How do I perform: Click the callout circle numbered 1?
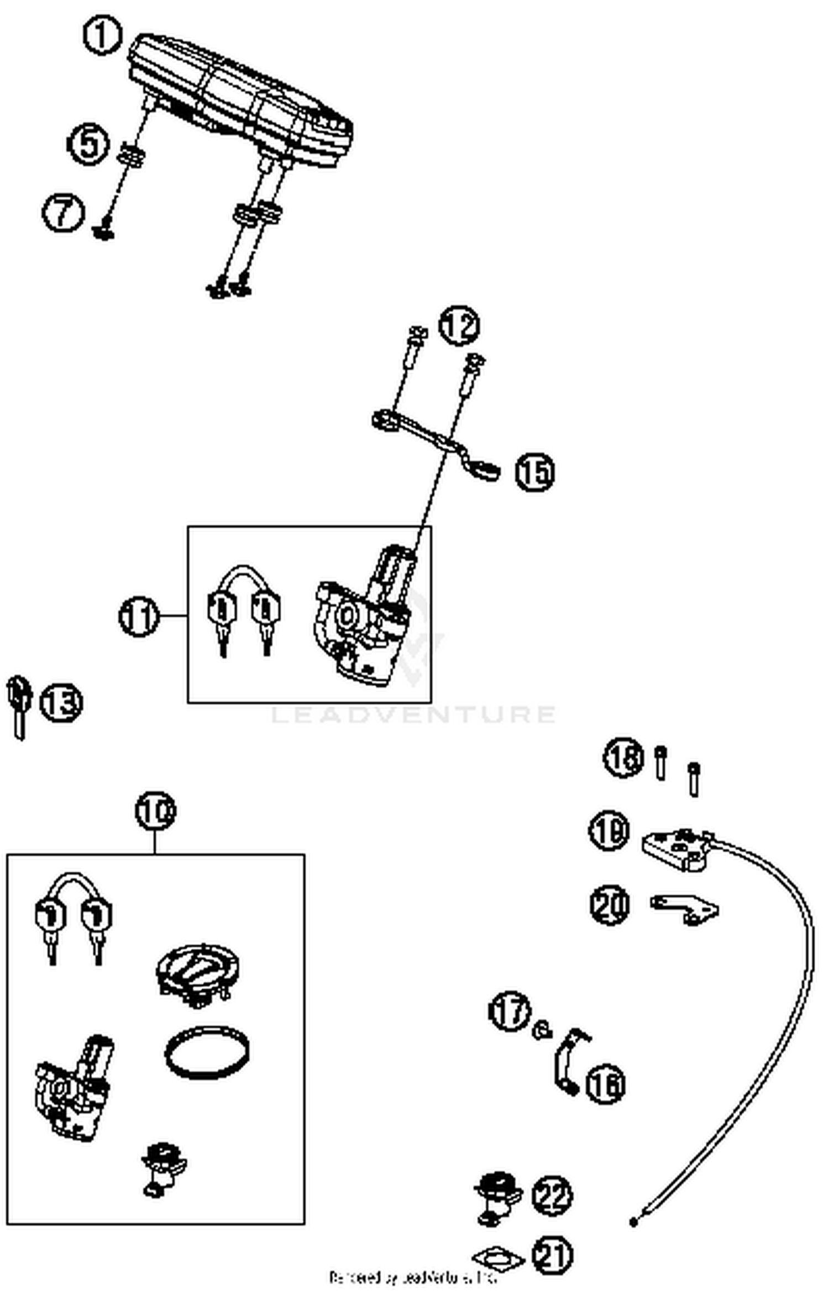pyautogui.click(x=102, y=36)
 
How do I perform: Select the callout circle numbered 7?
pyautogui.click(x=64, y=212)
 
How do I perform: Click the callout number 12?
pyautogui.click(x=459, y=325)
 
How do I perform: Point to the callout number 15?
pyautogui.click(x=535, y=472)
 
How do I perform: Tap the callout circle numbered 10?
pyautogui.click(x=155, y=811)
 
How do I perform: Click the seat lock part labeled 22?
pyautogui.click(x=497, y=1195)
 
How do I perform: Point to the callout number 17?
pyautogui.click(x=510, y=1010)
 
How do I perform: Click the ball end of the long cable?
pyautogui.click(x=634, y=1222)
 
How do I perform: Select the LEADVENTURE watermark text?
pyautogui.click(x=413, y=714)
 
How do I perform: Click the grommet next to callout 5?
pyautogui.click(x=130, y=154)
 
